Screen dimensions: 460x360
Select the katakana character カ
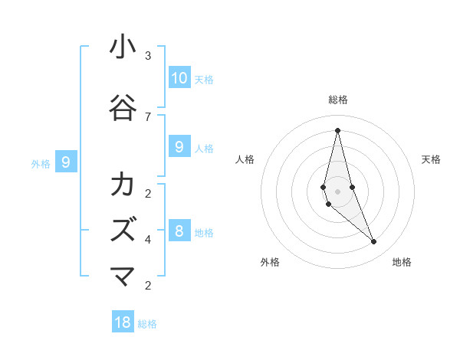click(x=123, y=185)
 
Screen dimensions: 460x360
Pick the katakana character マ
click(x=123, y=276)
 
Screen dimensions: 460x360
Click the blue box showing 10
click(x=179, y=77)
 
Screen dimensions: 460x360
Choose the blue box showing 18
click(x=123, y=322)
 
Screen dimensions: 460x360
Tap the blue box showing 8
click(x=179, y=231)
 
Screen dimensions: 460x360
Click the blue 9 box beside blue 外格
click(x=66, y=162)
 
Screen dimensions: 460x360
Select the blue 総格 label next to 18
click(x=147, y=324)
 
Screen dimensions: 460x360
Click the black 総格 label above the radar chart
click(x=338, y=100)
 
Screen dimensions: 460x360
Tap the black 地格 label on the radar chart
click(x=402, y=262)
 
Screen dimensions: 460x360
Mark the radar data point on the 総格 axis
click(x=337, y=130)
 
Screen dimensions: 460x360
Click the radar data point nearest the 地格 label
click(x=374, y=241)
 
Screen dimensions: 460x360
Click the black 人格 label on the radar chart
click(x=245, y=159)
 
